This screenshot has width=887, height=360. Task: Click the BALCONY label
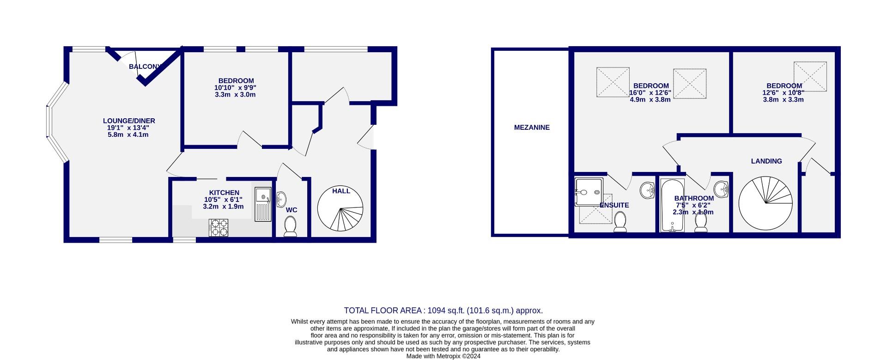pos(145,67)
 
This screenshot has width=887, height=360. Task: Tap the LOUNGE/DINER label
pos(129,121)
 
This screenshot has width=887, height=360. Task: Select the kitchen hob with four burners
pos(219,227)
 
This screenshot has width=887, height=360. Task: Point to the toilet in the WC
pos(291,227)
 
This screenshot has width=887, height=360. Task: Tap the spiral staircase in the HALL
pos(340,209)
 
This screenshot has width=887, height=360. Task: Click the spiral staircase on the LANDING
pos(765,204)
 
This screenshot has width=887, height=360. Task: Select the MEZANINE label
pos(532,128)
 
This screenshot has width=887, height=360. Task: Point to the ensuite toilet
pos(620,221)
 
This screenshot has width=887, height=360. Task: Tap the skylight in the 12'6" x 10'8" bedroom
pos(810,77)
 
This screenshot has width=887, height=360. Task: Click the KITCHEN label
pos(224,193)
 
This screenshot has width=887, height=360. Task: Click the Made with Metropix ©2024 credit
pos(443,356)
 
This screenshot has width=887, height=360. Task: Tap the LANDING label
pos(766,161)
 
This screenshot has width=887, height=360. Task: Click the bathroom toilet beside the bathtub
pos(701,223)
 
